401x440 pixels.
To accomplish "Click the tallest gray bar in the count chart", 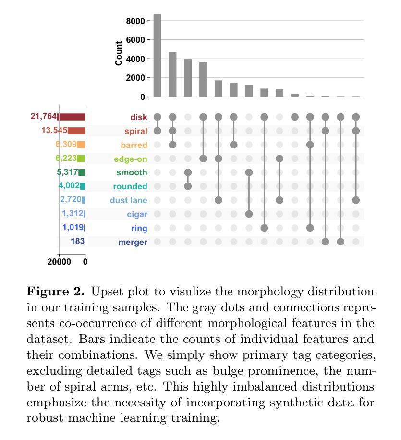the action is [x=158, y=56].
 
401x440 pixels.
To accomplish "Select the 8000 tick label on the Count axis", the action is [x=135, y=21].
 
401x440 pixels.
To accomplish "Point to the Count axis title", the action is [x=119, y=53].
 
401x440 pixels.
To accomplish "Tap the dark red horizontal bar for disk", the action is [x=71, y=117].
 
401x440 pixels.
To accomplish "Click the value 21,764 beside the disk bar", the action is [x=44, y=116].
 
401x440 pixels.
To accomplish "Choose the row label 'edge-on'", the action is [x=131, y=159].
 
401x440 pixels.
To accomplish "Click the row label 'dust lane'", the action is [x=129, y=200].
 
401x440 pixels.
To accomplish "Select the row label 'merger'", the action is [x=133, y=242].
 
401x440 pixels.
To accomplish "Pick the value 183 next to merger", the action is [x=77, y=241].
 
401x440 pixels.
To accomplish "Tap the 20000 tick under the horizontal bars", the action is [x=59, y=262].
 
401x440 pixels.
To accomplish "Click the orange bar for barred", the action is [x=81, y=145].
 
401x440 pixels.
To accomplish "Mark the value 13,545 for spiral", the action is [x=54, y=130].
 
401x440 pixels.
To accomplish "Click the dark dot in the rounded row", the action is [x=188, y=186].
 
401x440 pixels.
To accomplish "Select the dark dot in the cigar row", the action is [x=249, y=214].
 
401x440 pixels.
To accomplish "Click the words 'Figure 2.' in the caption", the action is [x=56, y=292].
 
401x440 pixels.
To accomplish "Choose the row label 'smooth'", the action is [x=132, y=172].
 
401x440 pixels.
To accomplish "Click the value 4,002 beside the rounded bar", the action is [x=69, y=185].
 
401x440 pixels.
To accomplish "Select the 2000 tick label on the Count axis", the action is [x=135, y=78].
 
